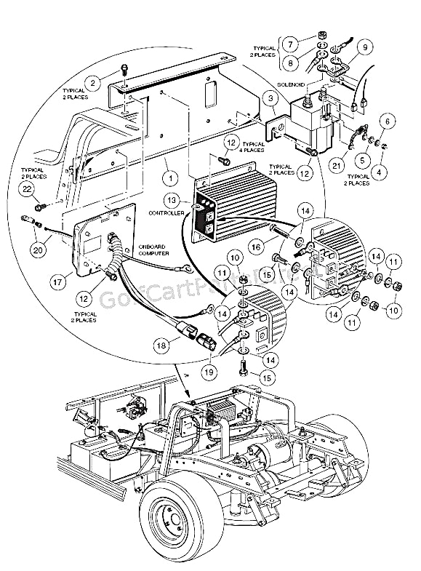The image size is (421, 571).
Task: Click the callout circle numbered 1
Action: pos(169,175)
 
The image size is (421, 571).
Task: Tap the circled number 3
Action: pos(270,97)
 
